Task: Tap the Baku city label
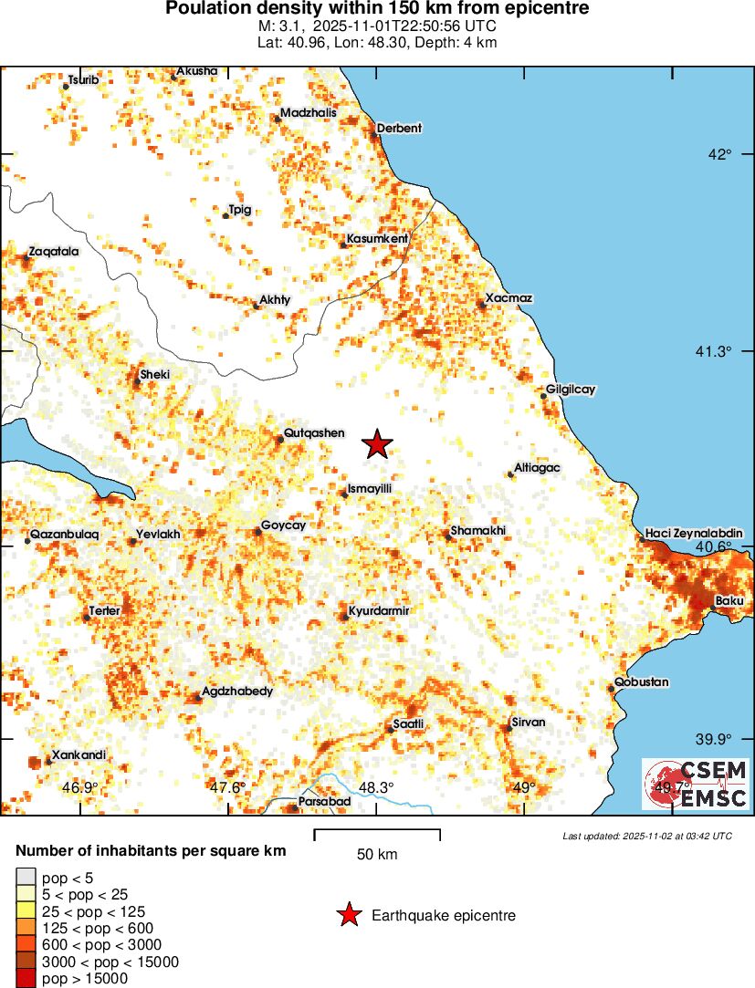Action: (730, 600)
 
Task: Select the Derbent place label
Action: (400, 129)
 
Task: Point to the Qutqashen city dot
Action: (280, 440)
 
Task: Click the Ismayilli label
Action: (370, 489)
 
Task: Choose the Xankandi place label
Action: (79, 754)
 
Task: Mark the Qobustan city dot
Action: (612, 688)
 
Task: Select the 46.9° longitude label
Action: (79, 787)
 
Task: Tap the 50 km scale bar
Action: (377, 834)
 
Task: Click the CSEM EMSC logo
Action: (696, 784)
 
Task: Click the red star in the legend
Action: (348, 915)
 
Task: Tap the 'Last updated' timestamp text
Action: (646, 836)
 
